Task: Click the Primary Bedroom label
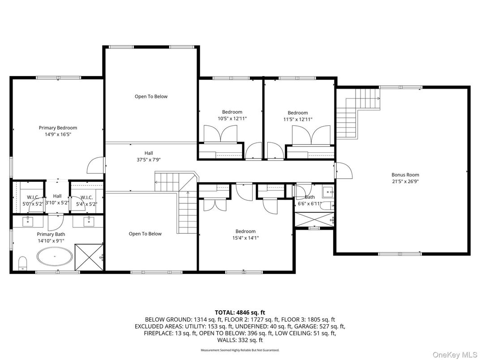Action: pos(58,128)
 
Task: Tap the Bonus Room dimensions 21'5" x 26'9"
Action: pos(405,181)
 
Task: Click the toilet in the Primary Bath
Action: pos(22,263)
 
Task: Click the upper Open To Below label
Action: pos(151,96)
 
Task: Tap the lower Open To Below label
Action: pos(145,234)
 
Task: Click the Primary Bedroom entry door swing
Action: pos(95,166)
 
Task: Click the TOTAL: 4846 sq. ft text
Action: pos(240,312)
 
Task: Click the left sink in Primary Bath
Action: pos(28,220)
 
